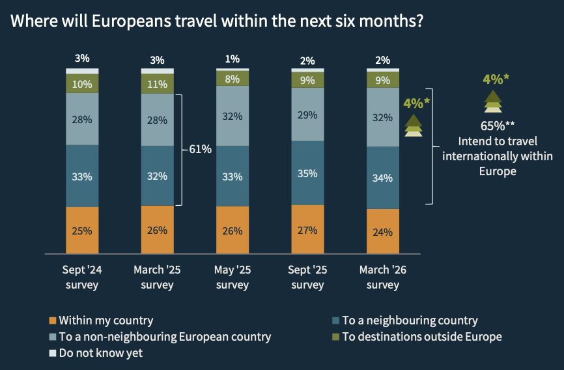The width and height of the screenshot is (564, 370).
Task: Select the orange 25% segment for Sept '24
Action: pos(82,231)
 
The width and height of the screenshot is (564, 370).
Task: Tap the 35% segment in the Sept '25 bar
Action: pos(307,173)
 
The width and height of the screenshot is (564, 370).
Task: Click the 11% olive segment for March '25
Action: pos(157,84)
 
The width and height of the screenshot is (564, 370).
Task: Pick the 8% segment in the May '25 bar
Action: pos(233,78)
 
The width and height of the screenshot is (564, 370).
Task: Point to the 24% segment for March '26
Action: pos(383,231)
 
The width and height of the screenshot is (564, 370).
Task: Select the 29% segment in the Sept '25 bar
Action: pos(307,115)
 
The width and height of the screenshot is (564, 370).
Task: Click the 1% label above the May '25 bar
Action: pos(233,59)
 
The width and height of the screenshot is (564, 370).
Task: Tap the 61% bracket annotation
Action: pos(200,149)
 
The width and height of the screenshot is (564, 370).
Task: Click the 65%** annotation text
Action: pos(497,126)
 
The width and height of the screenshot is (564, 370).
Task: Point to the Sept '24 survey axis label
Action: pos(82,277)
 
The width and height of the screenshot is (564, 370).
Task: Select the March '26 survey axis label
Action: pos(383,277)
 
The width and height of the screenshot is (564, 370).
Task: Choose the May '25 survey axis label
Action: pos(233,277)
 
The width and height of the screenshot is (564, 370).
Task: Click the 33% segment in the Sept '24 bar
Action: pos(82,176)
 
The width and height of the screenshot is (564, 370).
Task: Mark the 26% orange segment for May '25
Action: pos(233,231)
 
